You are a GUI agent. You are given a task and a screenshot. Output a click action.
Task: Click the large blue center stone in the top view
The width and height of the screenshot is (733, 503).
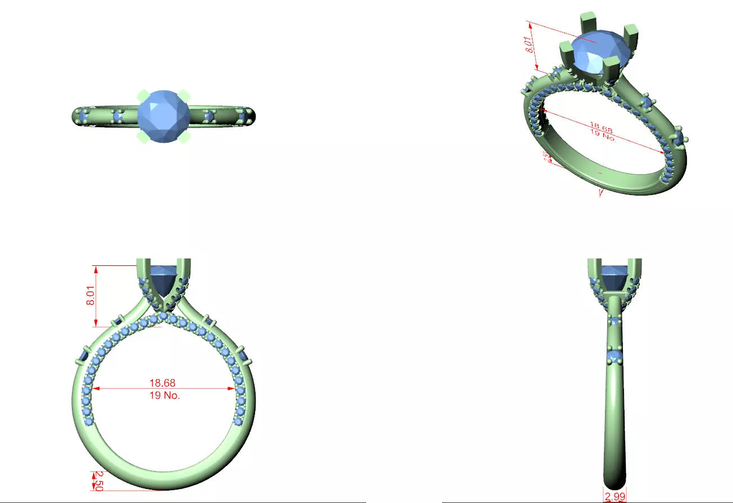163,116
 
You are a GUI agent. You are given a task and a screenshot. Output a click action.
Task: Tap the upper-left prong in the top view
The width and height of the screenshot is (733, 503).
142,95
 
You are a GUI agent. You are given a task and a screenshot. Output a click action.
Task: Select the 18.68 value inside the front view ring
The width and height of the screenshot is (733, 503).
162,383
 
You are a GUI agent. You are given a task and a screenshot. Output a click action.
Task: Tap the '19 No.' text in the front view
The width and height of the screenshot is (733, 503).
162,395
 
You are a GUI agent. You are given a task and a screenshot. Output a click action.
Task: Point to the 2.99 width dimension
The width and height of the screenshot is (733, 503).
614,496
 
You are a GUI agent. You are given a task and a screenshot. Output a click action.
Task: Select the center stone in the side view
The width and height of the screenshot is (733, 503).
614,277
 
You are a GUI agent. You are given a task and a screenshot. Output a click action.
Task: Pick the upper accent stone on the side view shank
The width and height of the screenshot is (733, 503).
615,321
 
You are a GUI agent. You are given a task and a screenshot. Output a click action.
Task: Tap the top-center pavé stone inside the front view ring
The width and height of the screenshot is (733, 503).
163,316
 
